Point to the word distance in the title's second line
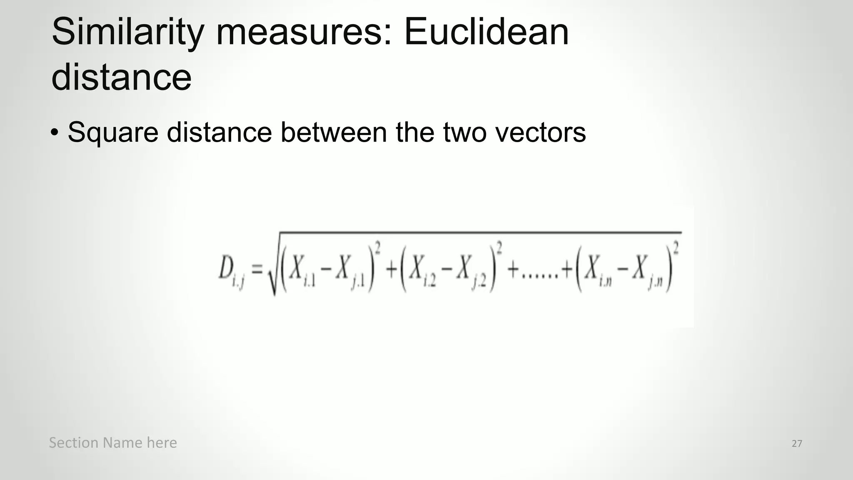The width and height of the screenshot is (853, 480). (x=121, y=77)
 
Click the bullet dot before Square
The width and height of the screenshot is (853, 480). (x=55, y=133)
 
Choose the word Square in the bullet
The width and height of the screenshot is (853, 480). (x=113, y=133)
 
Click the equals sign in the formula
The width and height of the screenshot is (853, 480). (x=257, y=269)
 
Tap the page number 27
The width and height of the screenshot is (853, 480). (x=797, y=443)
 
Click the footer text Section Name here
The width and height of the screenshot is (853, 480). (x=113, y=442)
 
